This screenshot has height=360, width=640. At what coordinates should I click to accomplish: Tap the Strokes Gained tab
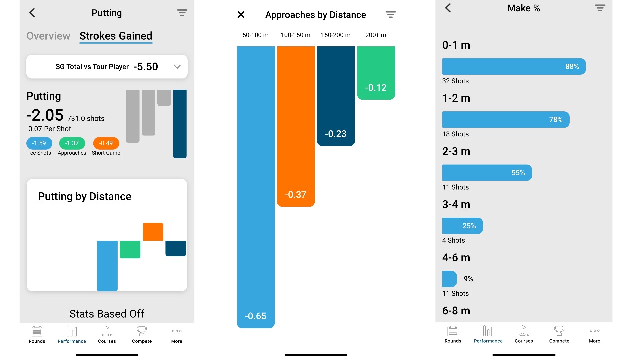[116, 36]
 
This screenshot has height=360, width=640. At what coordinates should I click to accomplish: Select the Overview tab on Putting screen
[48, 36]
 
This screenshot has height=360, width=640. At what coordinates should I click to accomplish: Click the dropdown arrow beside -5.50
[177, 67]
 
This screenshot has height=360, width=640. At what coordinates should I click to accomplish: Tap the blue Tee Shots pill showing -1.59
[39, 143]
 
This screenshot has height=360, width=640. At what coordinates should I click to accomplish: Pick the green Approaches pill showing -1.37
[72, 143]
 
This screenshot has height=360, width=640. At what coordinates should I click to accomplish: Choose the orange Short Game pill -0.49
[106, 143]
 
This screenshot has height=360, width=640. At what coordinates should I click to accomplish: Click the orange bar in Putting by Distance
[153, 232]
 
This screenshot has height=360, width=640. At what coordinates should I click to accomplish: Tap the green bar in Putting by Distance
[130, 249]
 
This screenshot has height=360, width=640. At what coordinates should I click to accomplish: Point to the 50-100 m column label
[256, 35]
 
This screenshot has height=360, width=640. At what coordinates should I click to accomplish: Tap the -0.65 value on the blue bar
[256, 316]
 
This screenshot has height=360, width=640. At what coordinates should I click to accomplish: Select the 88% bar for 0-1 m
[514, 67]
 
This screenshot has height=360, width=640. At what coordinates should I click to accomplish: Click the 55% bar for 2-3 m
[487, 173]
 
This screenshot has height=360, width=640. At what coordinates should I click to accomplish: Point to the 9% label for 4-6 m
[468, 279]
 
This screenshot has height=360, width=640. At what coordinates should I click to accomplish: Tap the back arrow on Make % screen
[448, 8]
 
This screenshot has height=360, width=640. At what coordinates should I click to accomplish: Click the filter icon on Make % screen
[600, 8]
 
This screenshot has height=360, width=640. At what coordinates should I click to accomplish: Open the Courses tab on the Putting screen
[107, 334]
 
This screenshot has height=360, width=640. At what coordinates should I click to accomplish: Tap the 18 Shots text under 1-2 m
[456, 134]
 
